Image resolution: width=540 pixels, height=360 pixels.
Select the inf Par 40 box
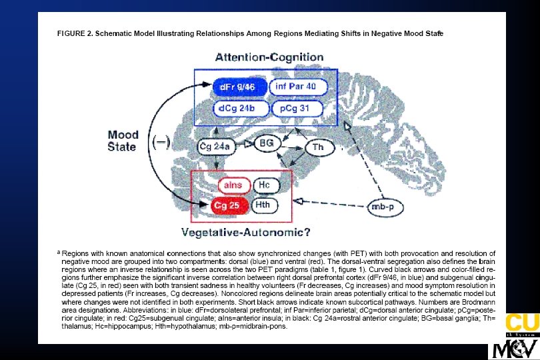point(297,87)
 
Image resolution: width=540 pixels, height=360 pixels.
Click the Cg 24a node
point(215,145)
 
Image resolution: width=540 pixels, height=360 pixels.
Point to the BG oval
point(266,143)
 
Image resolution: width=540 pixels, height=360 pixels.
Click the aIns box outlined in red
point(233,184)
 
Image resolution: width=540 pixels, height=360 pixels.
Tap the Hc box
point(265,184)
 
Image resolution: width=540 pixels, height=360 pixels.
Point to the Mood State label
point(123,141)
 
